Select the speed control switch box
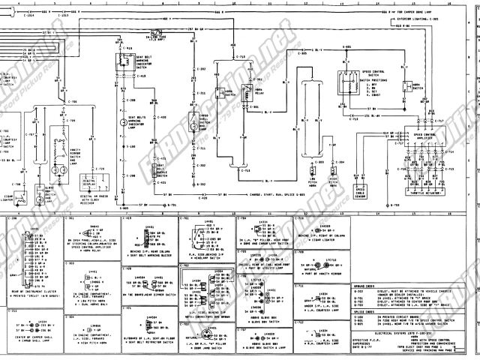tap(349, 86)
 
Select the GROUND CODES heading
tap(365, 286)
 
